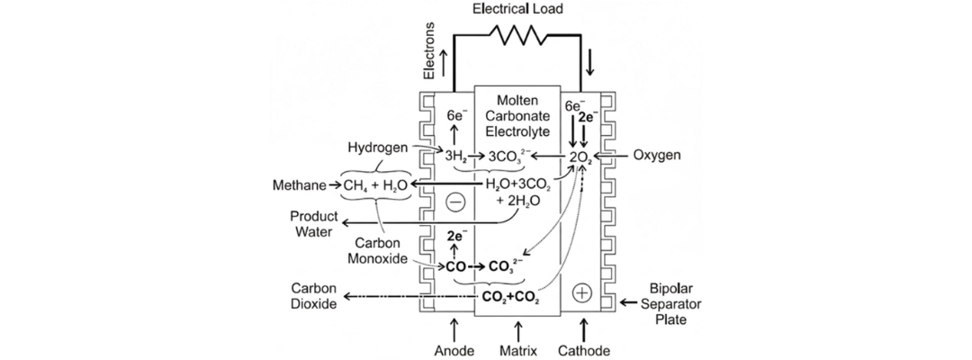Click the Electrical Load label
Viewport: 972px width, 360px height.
517,9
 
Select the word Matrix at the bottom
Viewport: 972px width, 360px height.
518,350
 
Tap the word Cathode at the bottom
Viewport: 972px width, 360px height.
585,350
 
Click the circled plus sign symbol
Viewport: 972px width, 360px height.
581,292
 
